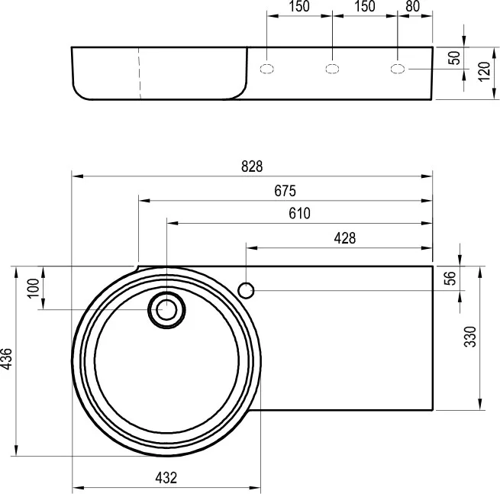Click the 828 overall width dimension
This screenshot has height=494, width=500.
pos(252,166)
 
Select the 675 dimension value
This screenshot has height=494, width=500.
pos(285,191)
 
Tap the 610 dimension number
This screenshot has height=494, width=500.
pos(299,213)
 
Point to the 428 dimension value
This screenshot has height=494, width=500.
pos(345,238)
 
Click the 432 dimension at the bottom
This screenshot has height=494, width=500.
pos(166,478)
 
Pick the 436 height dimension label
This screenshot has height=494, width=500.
pos(6,359)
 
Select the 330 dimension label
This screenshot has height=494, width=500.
pos(470,337)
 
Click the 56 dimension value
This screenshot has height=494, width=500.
pos(450,278)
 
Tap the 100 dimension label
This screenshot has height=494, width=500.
pos(34,289)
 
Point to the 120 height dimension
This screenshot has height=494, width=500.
pos(484,72)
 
